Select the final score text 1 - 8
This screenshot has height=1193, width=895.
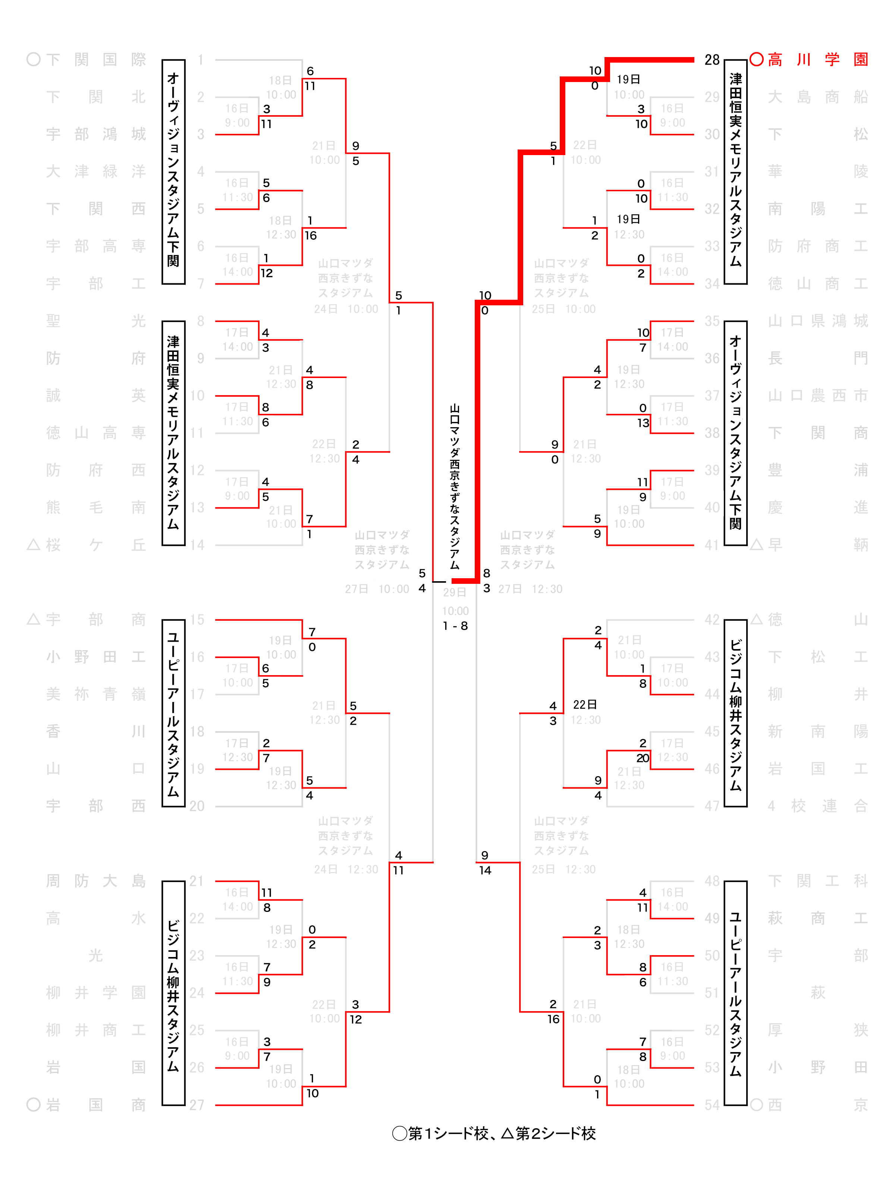455,626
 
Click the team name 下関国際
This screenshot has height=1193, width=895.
95,59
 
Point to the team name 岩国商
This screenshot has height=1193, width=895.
95,1105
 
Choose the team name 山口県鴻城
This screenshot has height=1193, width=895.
817,321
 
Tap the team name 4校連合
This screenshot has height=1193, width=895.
817,806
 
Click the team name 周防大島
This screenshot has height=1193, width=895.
95,881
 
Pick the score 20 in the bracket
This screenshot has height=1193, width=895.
643,758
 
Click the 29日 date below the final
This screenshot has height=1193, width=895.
455,592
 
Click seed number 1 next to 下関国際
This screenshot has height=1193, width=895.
200,59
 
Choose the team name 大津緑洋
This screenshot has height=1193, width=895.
95,171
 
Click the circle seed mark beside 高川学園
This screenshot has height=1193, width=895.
756,59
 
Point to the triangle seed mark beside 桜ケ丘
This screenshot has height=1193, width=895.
34,545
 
